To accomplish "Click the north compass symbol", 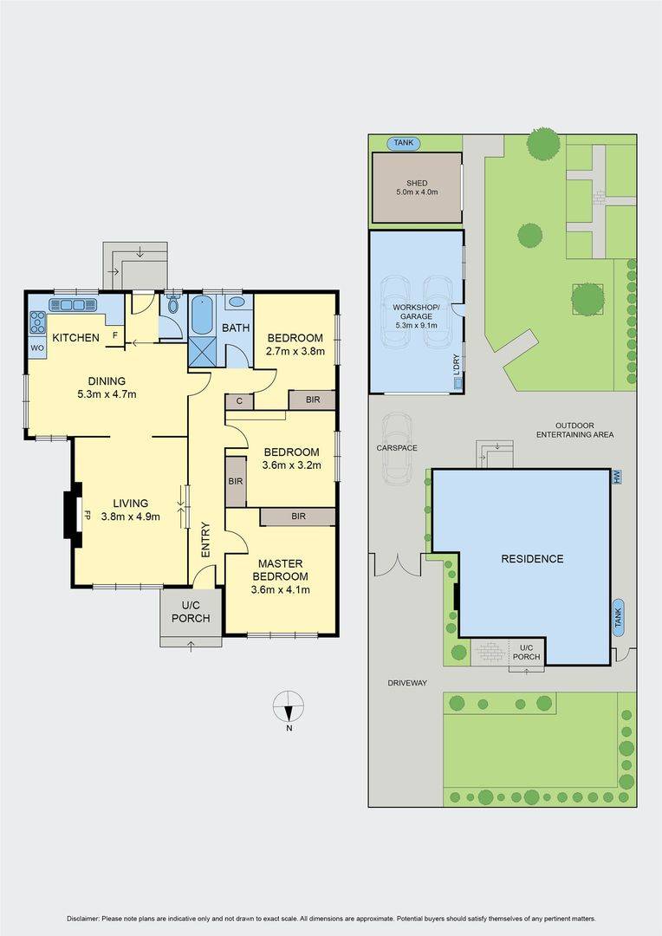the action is [x=289, y=707].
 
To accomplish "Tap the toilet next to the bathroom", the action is [x=173, y=304].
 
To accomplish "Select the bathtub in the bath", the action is [x=201, y=315].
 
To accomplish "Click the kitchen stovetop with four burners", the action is [x=38, y=322].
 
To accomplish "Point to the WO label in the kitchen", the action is [x=37, y=348].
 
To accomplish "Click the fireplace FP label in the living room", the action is [x=88, y=514].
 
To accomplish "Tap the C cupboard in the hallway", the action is [x=239, y=401].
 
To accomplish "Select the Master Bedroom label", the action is [x=280, y=570].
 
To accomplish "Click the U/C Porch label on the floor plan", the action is [x=191, y=612].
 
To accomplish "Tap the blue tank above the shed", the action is [x=404, y=143].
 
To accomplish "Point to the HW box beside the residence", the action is [x=616, y=477].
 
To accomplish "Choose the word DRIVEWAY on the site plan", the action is [x=407, y=683].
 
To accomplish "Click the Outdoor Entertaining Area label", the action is [x=574, y=430].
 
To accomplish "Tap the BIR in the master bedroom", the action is [x=298, y=517].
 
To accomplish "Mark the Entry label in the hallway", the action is [x=206, y=540].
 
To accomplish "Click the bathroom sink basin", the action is [x=236, y=302].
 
